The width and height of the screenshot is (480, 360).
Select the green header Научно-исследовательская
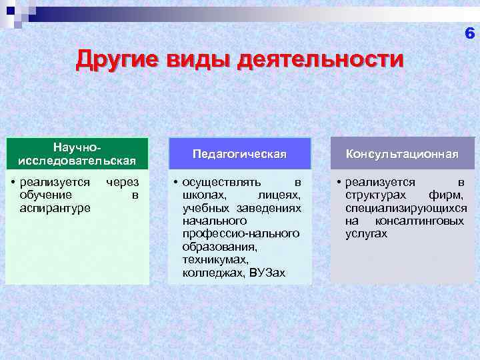click(77, 153)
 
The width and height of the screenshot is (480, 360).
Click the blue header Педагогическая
click(239, 154)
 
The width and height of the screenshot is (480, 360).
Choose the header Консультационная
click(401, 154)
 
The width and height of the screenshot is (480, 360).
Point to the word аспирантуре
click(55, 208)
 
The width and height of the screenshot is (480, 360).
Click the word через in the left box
click(122, 182)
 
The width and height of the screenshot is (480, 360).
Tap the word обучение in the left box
click(47, 195)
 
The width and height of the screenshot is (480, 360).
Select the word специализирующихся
click(406, 208)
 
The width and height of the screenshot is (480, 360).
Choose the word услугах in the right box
click(366, 234)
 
